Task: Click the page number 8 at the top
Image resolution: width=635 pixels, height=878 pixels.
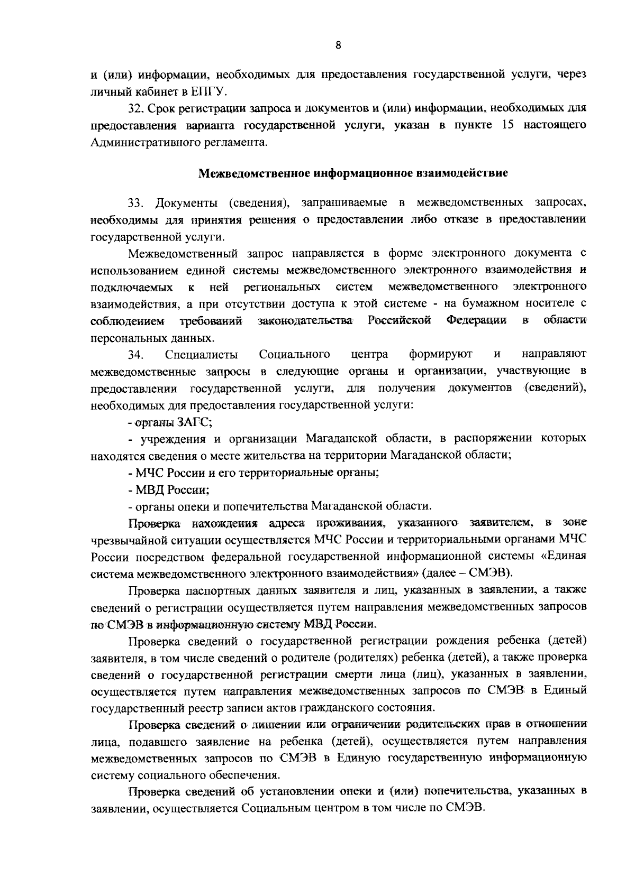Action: coord(338,45)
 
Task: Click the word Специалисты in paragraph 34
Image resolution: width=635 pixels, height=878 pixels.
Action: coord(201,354)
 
